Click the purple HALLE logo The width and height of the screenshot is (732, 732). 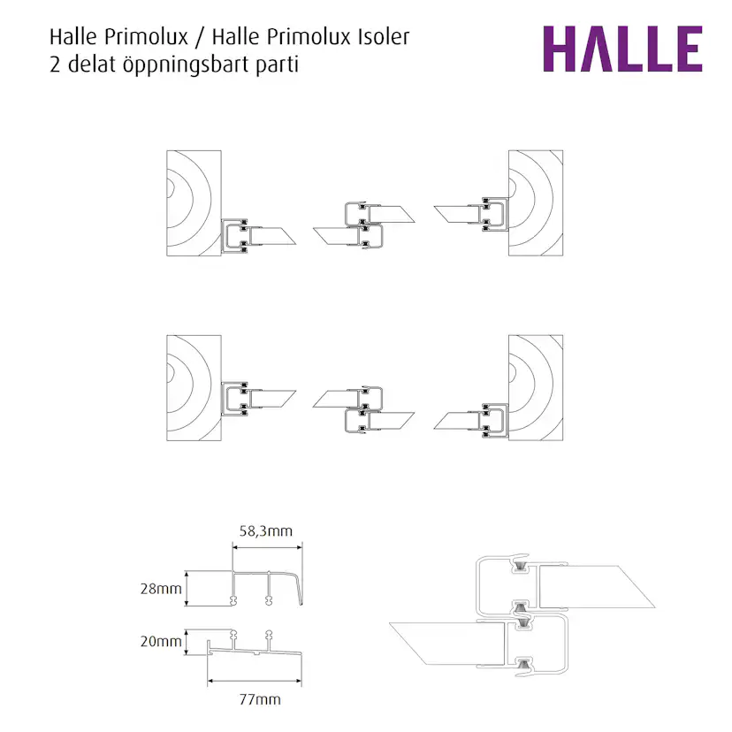pyautogui.click(x=621, y=49)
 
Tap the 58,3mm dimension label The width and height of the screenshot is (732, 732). pyautogui.click(x=265, y=530)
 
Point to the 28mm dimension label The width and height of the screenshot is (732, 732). pyautogui.click(x=160, y=588)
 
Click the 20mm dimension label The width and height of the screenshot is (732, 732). pyautogui.click(x=160, y=642)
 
